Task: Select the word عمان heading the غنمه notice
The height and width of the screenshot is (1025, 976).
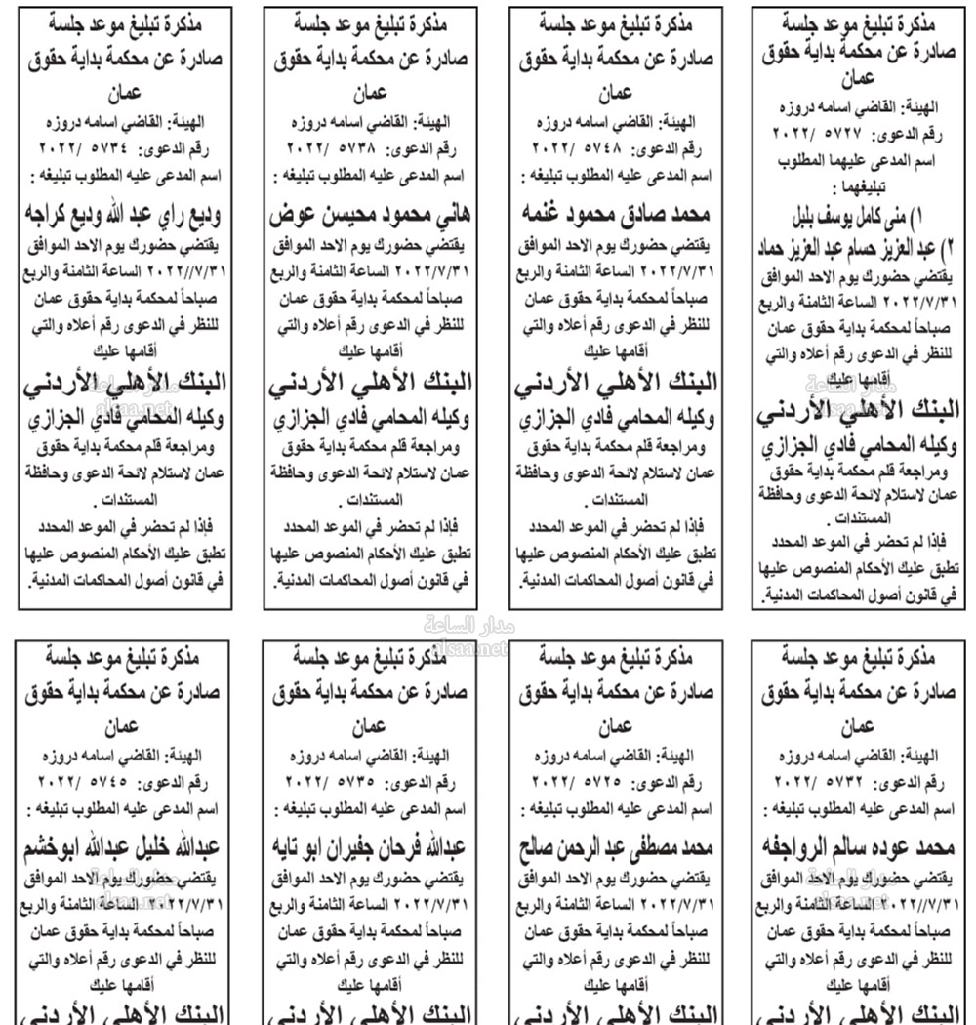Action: [615, 95]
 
